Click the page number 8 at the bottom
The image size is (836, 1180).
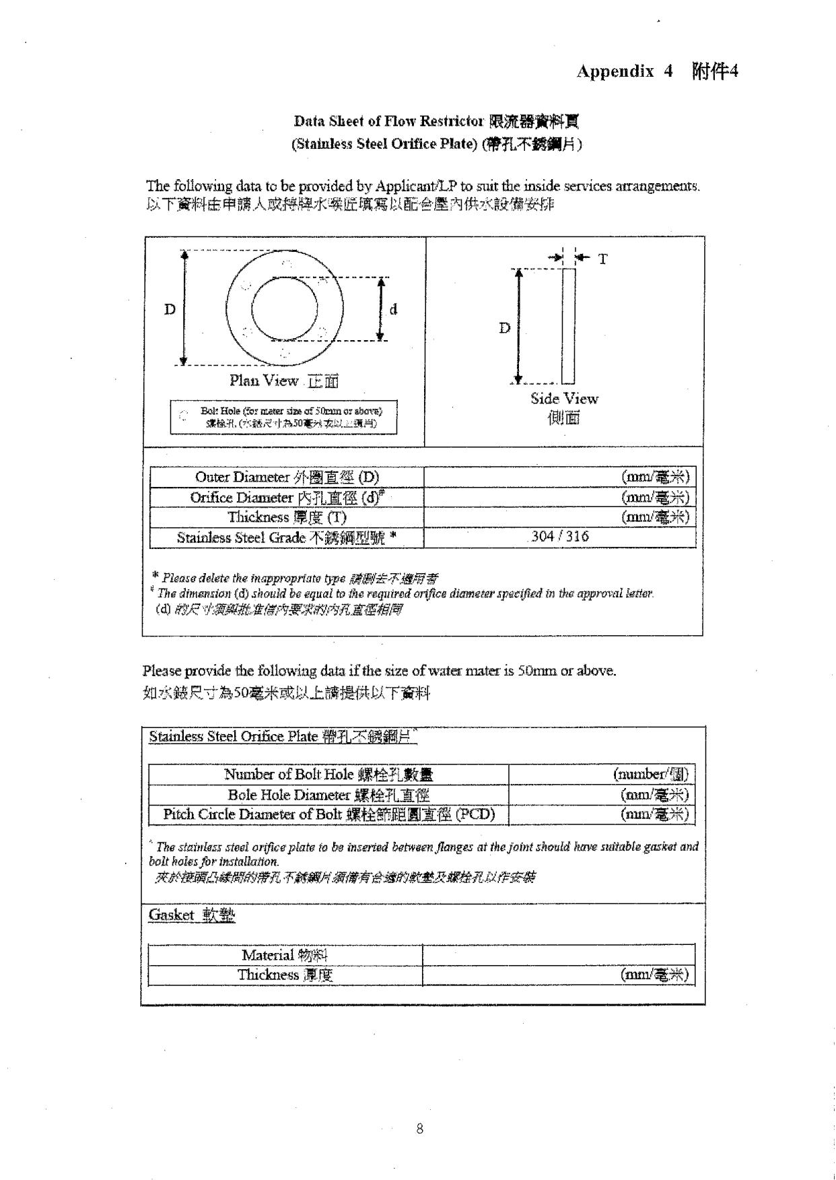(x=420, y=1128)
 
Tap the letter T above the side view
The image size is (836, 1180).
(x=602, y=259)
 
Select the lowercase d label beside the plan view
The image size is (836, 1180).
(x=393, y=309)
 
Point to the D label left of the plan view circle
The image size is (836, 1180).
(x=170, y=309)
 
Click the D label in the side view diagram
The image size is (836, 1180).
(x=504, y=328)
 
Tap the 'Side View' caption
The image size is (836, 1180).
(x=564, y=399)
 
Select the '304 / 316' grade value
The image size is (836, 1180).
(x=559, y=537)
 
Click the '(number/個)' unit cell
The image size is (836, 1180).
(x=651, y=775)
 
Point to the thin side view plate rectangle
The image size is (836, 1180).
(x=569, y=325)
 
